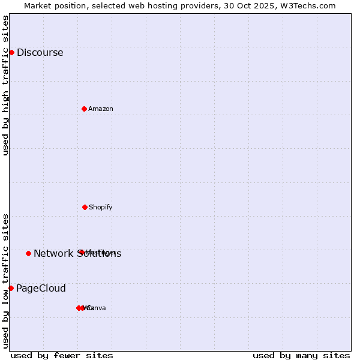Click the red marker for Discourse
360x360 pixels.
click(x=11, y=52)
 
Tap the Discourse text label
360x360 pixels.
click(x=40, y=52)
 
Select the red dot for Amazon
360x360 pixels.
click(x=84, y=109)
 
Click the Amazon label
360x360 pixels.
click(x=100, y=109)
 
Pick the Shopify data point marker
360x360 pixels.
click(x=85, y=207)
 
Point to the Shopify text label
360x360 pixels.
click(x=100, y=207)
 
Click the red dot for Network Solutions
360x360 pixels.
click(x=28, y=253)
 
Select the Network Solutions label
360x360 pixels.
click(x=77, y=254)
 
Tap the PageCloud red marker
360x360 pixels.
click(x=11, y=288)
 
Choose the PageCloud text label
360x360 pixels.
click(x=41, y=288)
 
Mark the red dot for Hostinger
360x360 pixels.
click(x=81, y=252)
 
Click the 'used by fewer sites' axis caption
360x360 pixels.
click(x=62, y=355)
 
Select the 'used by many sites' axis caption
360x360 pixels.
click(x=301, y=355)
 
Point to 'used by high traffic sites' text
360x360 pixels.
click(x=5, y=85)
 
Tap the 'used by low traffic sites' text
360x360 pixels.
click(x=5, y=280)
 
